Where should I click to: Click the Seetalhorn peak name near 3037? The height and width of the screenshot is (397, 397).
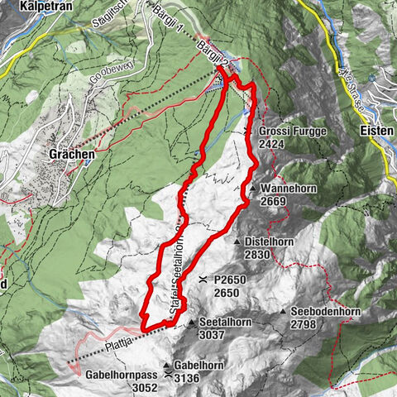[223, 323]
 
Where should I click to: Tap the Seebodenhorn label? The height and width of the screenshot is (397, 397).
[325, 311]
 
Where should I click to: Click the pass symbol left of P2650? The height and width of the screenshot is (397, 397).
[203, 280]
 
